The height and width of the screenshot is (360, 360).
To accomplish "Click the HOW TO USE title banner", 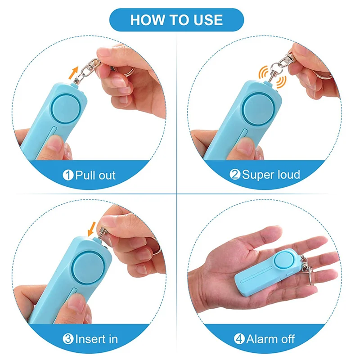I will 176,20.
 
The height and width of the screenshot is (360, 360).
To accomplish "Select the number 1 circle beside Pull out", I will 68,175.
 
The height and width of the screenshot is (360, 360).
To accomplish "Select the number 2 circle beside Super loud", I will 234,175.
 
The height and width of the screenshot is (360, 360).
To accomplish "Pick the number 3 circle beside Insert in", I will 68,338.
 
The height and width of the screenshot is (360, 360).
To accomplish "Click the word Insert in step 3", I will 89,338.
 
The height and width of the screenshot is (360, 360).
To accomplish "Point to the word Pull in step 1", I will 84,175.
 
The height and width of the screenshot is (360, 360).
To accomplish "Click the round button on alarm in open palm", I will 284,262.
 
